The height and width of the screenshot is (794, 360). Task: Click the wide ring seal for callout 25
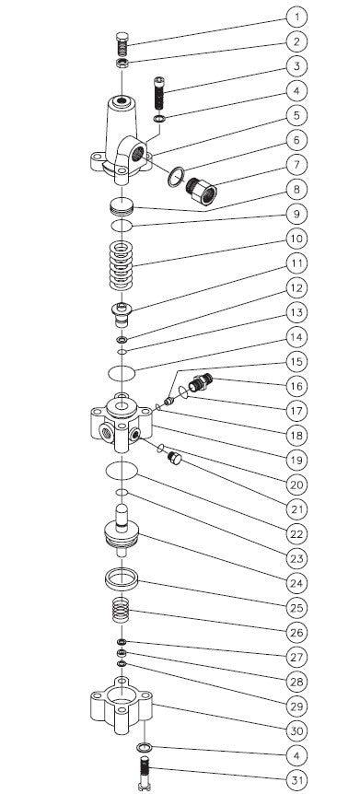(x=121, y=580)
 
